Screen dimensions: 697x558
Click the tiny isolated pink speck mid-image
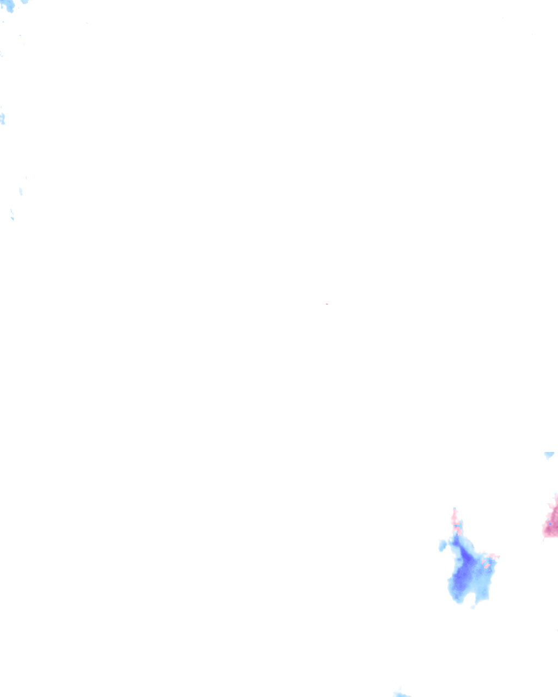326,304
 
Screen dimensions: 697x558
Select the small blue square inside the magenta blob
550,523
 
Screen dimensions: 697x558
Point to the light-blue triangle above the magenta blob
549,455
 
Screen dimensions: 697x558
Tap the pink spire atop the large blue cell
454,517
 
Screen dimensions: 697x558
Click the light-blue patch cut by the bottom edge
402,694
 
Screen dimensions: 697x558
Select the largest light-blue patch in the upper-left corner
9,5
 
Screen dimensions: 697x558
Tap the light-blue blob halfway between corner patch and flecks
2,118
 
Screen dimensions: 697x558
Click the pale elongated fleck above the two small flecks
21,191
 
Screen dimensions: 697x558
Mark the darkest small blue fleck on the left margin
12,218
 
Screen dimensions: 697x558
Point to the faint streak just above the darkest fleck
11,211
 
